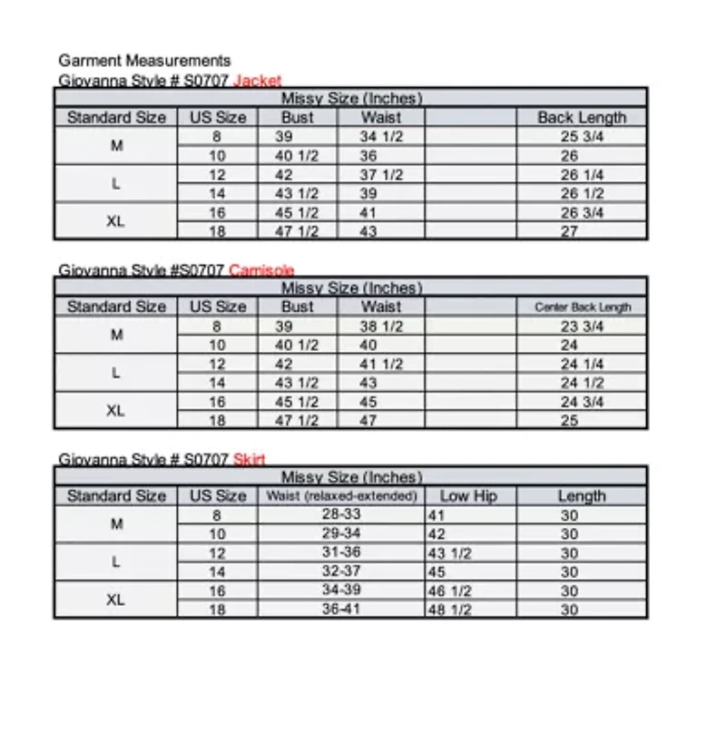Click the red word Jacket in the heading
click(258, 80)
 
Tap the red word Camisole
click(261, 269)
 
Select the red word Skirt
click(249, 459)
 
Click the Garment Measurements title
click(144, 61)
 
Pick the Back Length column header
click(582, 117)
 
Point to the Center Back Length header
click(582, 307)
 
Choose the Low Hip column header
click(468, 496)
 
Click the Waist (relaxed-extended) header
click(341, 496)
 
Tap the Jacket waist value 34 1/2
click(381, 137)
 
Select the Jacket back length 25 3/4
click(582, 137)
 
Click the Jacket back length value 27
click(569, 231)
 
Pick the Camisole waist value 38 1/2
click(381, 327)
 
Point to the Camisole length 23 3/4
click(582, 327)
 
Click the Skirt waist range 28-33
click(341, 515)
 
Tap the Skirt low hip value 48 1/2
click(449, 611)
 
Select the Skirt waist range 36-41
click(341, 610)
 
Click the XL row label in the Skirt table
click(116, 600)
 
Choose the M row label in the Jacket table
click(116, 146)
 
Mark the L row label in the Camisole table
click(116, 373)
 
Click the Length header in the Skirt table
click(582, 496)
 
